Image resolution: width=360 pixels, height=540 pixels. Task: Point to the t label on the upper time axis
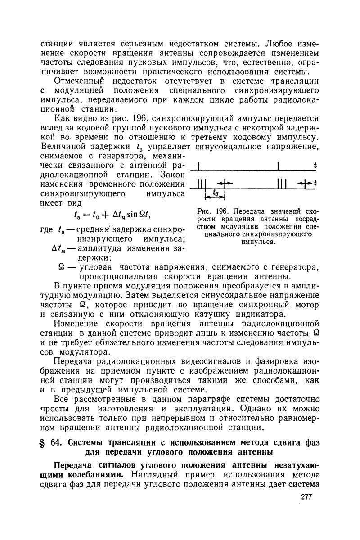pyautogui.click(x=315, y=165)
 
